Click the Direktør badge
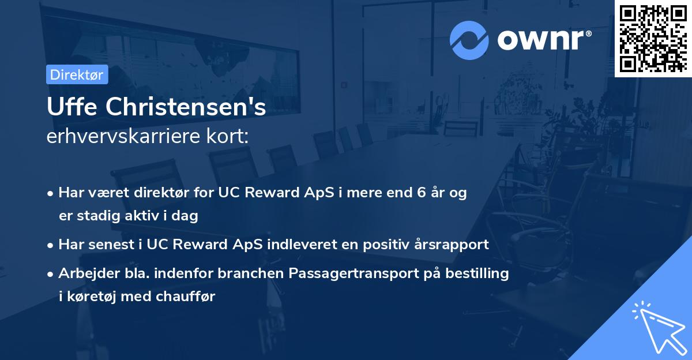click(77, 74)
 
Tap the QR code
click(653, 38)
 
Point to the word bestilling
click(480, 273)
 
